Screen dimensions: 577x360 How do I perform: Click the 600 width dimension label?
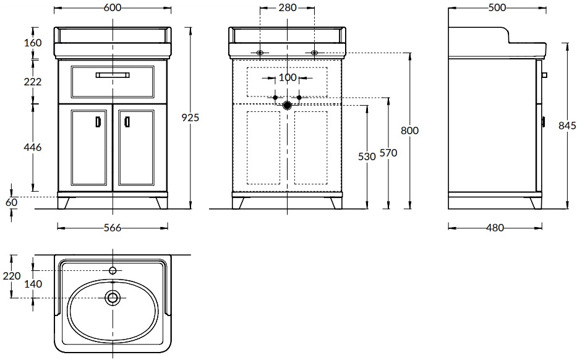pyautogui.click(x=112, y=7)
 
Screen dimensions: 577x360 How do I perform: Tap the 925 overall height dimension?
pyautogui.click(x=190, y=118)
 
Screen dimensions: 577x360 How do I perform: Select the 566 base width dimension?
pyautogui.click(x=112, y=228)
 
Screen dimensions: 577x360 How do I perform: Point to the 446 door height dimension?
pyautogui.click(x=33, y=147)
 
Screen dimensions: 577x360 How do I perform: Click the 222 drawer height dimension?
pyautogui.click(x=33, y=82)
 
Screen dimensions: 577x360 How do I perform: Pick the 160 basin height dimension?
pyautogui.click(x=33, y=43)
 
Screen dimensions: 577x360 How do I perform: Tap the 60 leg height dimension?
pyautogui.click(x=11, y=202)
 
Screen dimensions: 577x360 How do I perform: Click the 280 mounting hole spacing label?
pyautogui.click(x=288, y=7)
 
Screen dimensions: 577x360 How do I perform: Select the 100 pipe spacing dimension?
pyautogui.click(x=288, y=78)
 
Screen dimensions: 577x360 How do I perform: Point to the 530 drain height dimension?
pyautogui.click(x=367, y=156)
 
